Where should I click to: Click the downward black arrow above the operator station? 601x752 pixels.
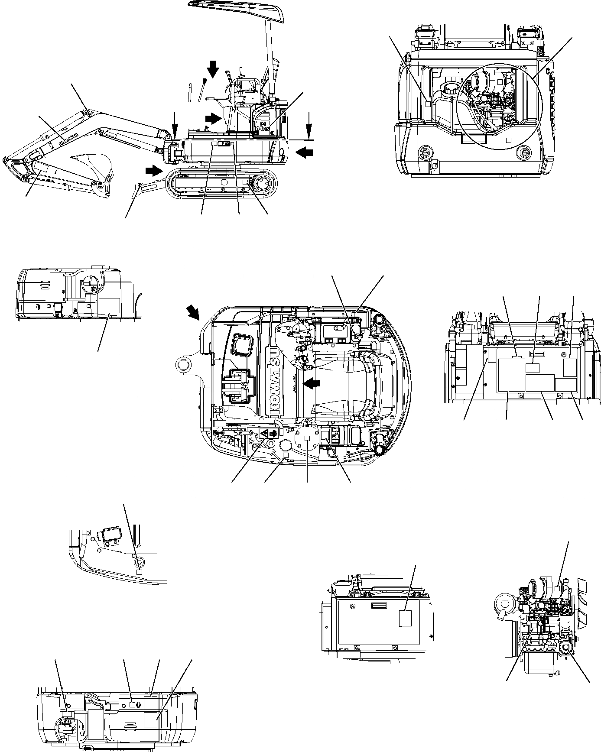tap(213, 68)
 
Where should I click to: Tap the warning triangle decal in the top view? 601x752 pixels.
tap(263, 434)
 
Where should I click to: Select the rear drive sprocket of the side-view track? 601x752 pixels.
tap(263, 184)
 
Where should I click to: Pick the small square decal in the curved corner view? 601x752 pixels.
tap(139, 572)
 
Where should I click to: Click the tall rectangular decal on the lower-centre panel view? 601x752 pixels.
tap(404, 618)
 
